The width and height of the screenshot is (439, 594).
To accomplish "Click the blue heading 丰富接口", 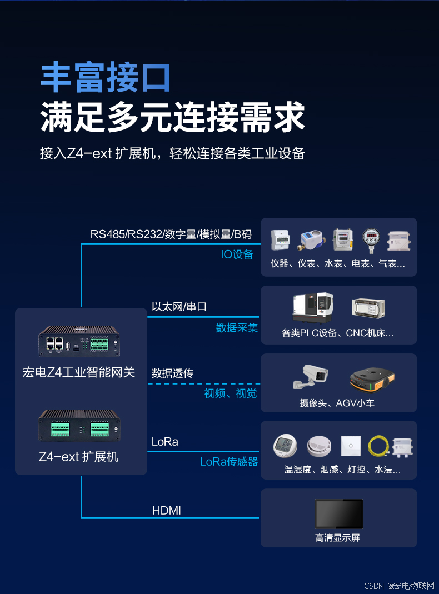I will (106, 78).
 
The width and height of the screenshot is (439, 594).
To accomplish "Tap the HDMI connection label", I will (166, 510).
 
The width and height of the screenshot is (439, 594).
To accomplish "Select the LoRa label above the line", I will (164, 442).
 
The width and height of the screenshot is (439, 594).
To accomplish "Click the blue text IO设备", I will (237, 254).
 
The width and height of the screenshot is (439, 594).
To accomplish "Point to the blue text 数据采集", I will (237, 328).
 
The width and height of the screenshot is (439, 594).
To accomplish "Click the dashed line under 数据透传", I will (203, 383).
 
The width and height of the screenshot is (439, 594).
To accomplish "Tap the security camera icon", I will (311, 378).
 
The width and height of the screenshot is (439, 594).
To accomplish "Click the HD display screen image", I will (338, 514).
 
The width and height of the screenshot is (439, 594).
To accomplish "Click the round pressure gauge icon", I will (370, 240).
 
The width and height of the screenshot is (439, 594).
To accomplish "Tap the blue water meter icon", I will (313, 240).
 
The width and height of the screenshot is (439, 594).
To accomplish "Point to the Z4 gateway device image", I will (79, 341).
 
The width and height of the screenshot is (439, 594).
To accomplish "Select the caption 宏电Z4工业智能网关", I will (79, 372).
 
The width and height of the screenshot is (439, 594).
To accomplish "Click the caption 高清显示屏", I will (338, 538).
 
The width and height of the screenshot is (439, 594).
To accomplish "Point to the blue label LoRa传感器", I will (229, 462).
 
